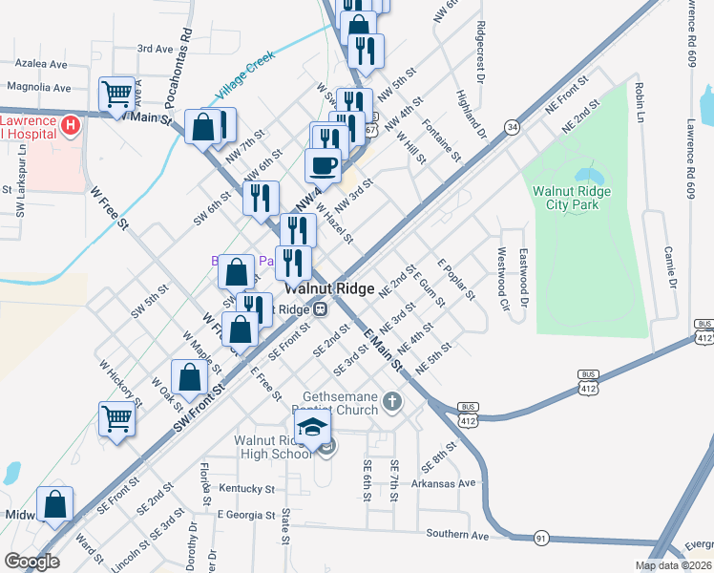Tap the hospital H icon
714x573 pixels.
click(x=70, y=126)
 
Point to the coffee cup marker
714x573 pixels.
click(x=323, y=164)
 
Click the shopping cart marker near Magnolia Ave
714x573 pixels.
click(x=117, y=94)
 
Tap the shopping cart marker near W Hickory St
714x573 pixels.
click(x=116, y=418)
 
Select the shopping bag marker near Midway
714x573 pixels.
click(x=55, y=504)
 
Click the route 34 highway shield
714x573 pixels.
click(x=514, y=126)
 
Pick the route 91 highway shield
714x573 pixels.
click(x=541, y=538)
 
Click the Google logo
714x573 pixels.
click(x=31, y=562)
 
